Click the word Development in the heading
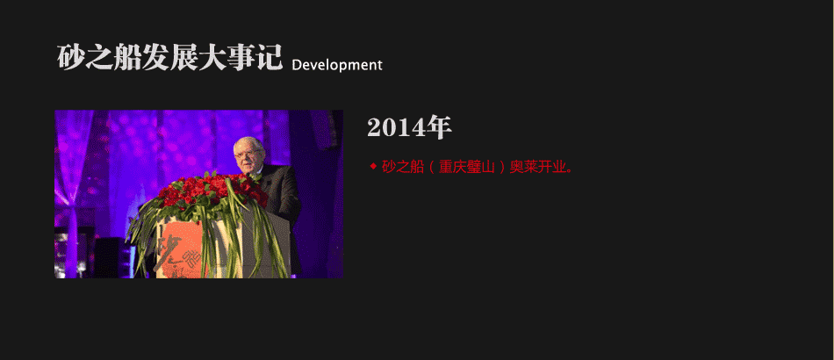point(337,65)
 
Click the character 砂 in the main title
point(71,57)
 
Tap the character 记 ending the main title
point(269,57)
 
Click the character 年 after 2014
point(440,127)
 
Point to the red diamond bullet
point(373,167)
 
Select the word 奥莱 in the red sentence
point(523,167)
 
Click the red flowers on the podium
point(212,191)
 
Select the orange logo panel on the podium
point(179,250)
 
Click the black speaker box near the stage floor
point(109,257)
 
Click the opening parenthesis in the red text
point(433,168)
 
